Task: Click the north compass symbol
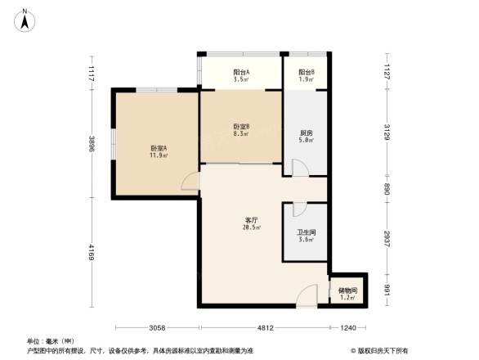[x=25, y=19]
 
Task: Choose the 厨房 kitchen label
[x=306, y=135]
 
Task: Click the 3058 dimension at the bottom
[x=158, y=328]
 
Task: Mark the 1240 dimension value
[x=349, y=328]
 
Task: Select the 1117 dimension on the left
[x=92, y=73]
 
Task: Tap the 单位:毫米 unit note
[x=51, y=341]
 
